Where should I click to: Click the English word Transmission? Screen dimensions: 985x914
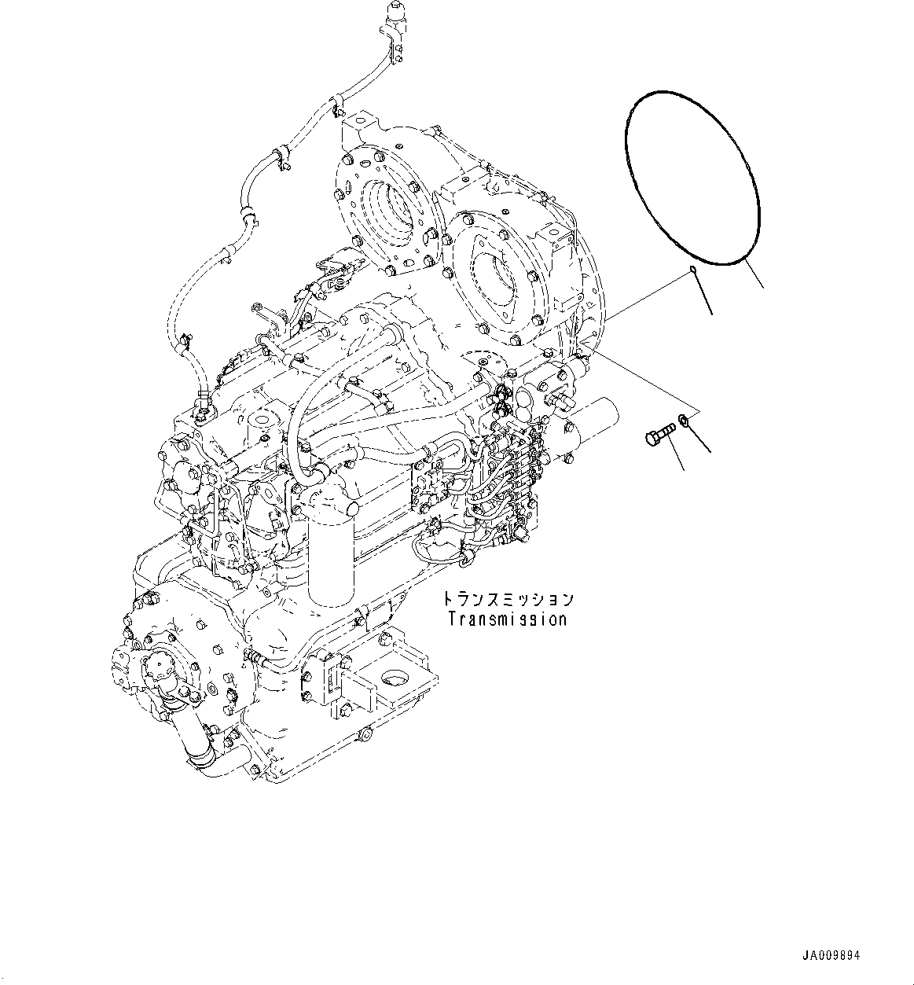(507, 619)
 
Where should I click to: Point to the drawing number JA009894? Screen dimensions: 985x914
(831, 955)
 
